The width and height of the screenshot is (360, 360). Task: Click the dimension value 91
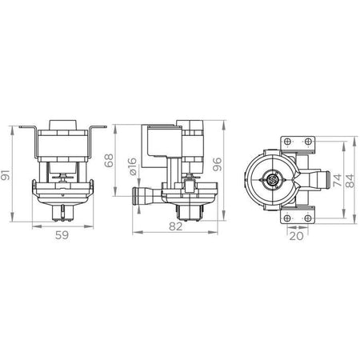click(6, 174)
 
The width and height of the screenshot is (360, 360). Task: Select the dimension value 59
click(62, 235)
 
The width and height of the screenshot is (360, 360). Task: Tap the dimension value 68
click(109, 161)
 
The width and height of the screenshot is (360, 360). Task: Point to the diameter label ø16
click(133, 166)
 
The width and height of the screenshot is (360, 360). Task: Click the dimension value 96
click(217, 165)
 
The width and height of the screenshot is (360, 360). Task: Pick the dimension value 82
click(176, 226)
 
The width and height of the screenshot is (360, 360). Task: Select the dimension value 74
click(337, 180)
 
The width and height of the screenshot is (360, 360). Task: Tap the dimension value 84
click(350, 181)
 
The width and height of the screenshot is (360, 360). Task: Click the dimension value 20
click(297, 236)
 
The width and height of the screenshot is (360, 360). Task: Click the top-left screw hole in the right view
click(287, 142)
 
